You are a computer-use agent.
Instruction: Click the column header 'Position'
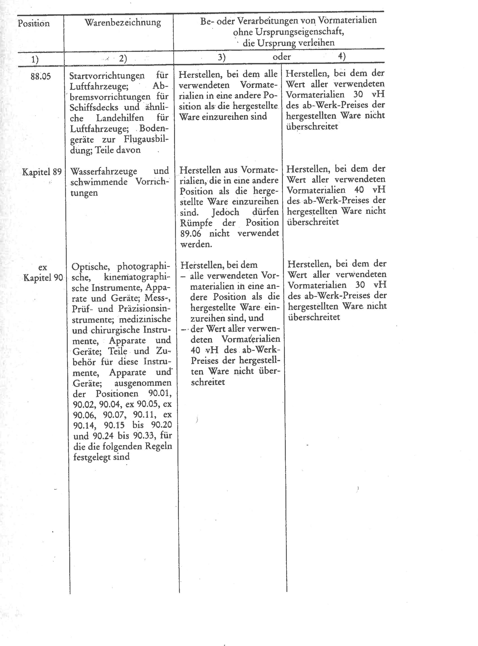coord(34,23)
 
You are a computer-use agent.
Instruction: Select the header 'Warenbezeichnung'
coord(123,23)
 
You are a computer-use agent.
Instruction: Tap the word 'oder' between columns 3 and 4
coord(282,57)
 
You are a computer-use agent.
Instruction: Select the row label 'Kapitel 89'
coord(42,172)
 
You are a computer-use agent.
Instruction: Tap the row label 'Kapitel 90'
coord(43,278)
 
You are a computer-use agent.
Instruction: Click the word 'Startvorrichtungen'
coord(107,76)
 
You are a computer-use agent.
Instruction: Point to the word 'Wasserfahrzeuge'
coord(104,171)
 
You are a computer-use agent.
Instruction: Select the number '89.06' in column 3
coord(190,234)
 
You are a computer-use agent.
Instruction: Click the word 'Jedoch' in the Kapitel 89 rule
coord(225,212)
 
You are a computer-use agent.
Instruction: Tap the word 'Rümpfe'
coord(196,223)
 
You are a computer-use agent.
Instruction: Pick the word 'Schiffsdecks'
coord(94,107)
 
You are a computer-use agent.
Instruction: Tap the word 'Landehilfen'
coord(120,118)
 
